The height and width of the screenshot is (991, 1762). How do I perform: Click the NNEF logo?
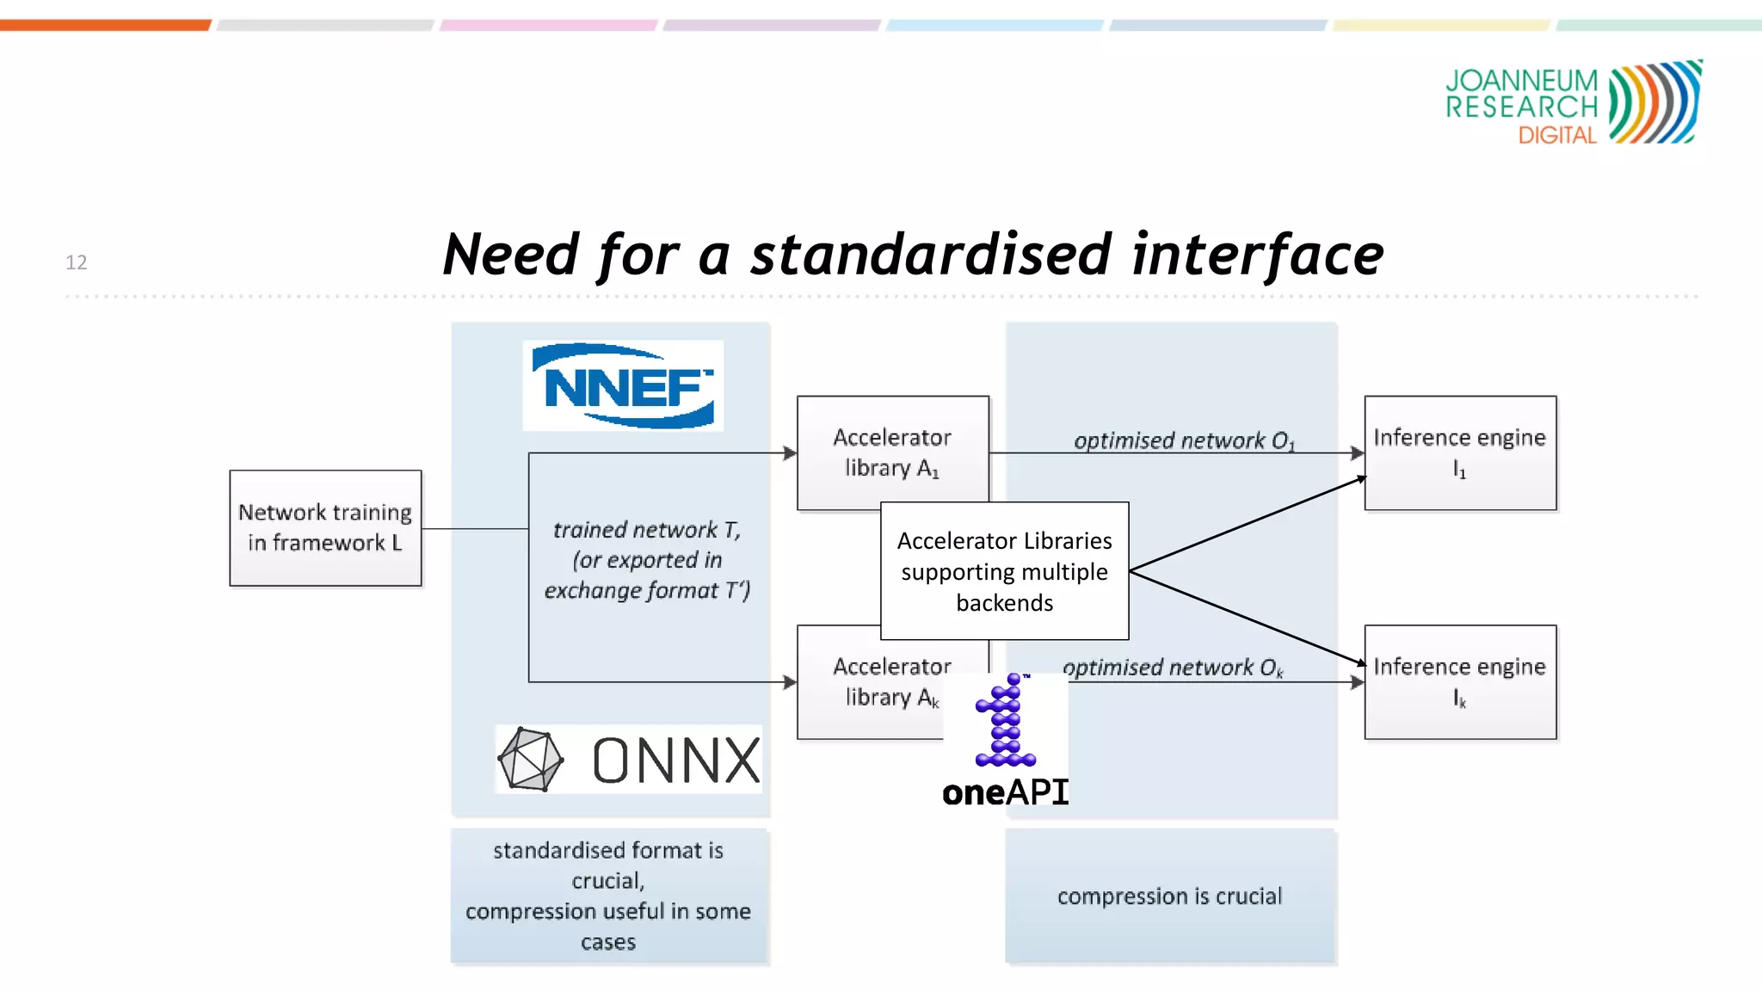(x=623, y=385)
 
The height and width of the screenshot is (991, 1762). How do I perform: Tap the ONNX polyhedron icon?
(x=530, y=760)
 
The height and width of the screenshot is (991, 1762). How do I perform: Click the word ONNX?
(x=676, y=760)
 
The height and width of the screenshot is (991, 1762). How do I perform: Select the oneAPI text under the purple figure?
(x=1005, y=792)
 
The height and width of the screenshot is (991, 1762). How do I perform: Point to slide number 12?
(x=77, y=262)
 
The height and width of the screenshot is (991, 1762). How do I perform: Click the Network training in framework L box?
(x=325, y=527)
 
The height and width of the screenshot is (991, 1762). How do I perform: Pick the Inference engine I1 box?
(x=1460, y=452)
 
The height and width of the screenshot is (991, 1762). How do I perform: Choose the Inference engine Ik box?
(x=1460, y=681)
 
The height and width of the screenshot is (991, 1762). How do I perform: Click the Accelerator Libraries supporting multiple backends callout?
(x=1004, y=571)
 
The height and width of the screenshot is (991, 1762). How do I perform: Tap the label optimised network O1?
(x=1184, y=440)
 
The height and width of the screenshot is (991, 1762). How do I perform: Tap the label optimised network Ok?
(x=1173, y=668)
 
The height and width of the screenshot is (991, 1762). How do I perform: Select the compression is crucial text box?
(x=1170, y=896)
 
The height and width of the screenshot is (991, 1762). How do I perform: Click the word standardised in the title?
(x=932, y=255)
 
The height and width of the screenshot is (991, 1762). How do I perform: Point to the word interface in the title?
(x=1257, y=255)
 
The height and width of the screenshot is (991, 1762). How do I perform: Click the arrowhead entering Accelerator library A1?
(x=790, y=452)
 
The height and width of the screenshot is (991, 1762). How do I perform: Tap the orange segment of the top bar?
(x=105, y=25)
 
